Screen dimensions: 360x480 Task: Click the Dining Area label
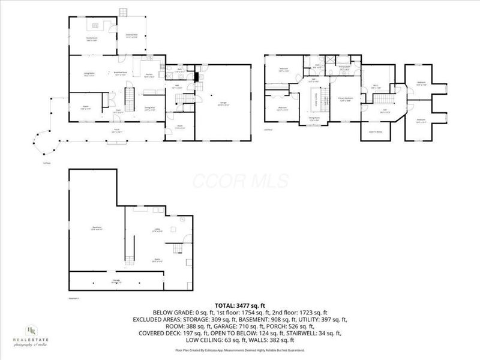point(150,109)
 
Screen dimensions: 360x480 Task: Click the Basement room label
point(96,227)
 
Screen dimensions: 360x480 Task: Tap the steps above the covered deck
point(125,12)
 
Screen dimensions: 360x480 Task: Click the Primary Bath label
point(344,70)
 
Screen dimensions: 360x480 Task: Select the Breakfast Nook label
point(120,74)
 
